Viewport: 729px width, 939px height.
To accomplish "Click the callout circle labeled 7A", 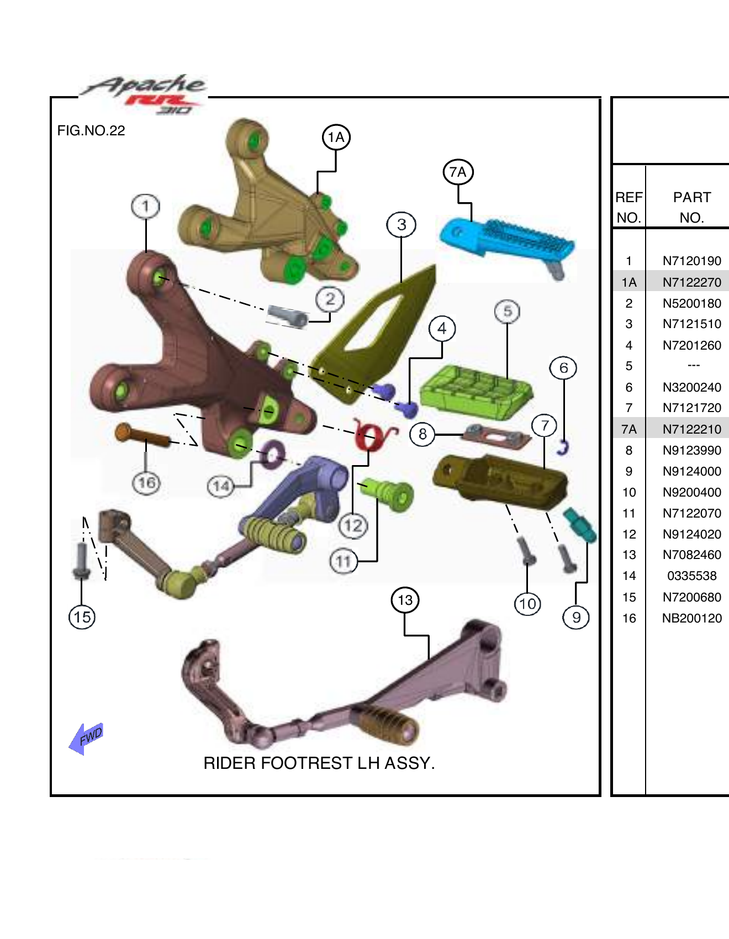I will click(x=458, y=172).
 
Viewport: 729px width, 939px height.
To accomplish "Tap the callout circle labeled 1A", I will click(x=336, y=137).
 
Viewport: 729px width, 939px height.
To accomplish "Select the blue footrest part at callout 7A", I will click(x=505, y=240).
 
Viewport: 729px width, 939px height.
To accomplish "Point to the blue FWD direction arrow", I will click(x=86, y=738).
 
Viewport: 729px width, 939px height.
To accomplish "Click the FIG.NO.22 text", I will click(x=91, y=131).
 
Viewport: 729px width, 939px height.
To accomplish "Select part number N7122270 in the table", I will click(x=691, y=282).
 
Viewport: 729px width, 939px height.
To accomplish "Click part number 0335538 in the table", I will click(x=691, y=576).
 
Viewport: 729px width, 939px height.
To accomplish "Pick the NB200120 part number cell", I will click(x=691, y=618).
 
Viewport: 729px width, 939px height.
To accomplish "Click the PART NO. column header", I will click(x=691, y=207).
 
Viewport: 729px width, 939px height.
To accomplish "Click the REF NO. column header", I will click(x=628, y=207).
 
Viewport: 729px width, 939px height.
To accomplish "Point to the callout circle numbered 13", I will click(x=405, y=600).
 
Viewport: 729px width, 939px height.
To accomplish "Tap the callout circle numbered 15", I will click(x=82, y=617).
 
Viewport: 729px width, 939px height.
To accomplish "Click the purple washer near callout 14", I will click(x=272, y=455).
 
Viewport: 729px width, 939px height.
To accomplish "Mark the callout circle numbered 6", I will click(x=563, y=368).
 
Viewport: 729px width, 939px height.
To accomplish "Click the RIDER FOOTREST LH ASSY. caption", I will click(x=319, y=763).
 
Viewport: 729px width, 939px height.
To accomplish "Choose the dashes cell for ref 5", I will click(x=693, y=366).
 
